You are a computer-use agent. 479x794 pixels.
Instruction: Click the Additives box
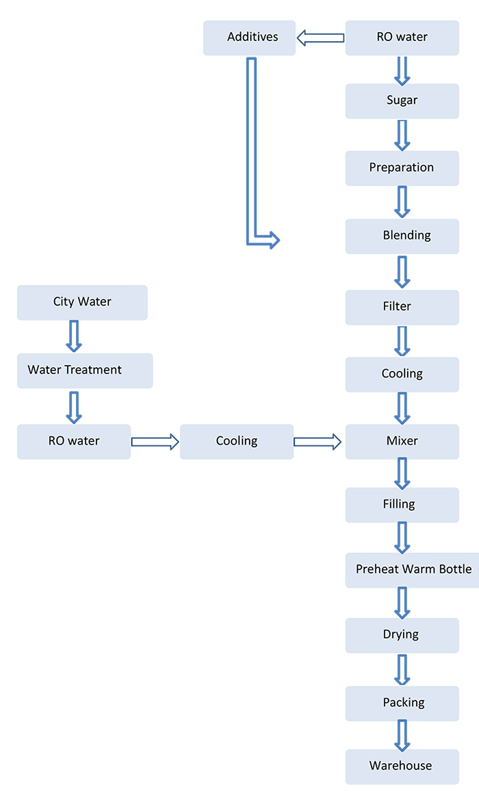click(250, 38)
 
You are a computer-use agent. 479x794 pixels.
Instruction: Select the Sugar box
click(402, 101)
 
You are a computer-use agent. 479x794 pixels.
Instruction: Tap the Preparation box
click(402, 168)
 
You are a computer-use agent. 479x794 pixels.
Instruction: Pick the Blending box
click(402, 236)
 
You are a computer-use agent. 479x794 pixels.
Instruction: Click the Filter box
click(402, 307)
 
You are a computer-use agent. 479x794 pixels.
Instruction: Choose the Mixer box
click(402, 441)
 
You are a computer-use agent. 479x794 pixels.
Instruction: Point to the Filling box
click(402, 504)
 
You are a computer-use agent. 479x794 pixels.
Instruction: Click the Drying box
click(402, 635)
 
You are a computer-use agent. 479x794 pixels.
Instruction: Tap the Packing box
click(402, 703)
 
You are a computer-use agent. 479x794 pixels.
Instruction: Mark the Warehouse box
click(402, 766)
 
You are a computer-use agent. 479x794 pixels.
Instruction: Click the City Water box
click(82, 302)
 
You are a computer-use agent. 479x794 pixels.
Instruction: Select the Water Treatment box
click(84, 370)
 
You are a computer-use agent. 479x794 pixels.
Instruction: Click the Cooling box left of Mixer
click(236, 441)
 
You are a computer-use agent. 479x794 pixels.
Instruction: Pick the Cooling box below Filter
click(402, 374)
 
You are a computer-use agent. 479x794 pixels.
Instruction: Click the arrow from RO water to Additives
click(320, 38)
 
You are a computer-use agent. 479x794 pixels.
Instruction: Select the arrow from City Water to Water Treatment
click(74, 336)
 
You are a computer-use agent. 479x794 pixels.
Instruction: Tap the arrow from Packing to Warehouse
click(402, 735)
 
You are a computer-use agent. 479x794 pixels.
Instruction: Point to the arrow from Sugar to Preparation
click(402, 135)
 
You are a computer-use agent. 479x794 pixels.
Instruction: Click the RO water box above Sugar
click(402, 38)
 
